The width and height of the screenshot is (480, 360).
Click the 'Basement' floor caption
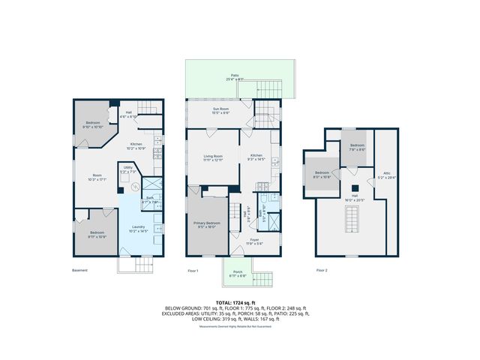point(79,270)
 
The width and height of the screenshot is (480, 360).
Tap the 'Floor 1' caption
point(193,270)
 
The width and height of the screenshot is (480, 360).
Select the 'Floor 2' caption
point(322,270)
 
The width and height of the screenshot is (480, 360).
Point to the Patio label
point(234,76)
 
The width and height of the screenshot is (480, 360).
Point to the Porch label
point(238,274)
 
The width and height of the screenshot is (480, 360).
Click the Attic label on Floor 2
point(387,175)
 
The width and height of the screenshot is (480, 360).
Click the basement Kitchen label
point(136,145)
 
